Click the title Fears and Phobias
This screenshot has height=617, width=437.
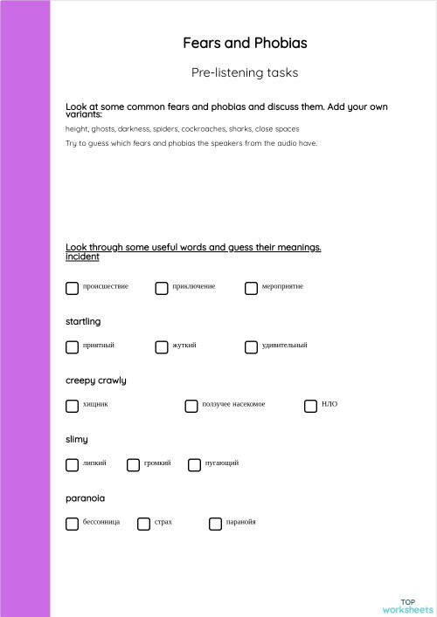click(x=245, y=43)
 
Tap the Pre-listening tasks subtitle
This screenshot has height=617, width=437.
click(x=245, y=72)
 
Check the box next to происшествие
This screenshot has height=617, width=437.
click(x=72, y=288)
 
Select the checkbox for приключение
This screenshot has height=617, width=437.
click(x=162, y=288)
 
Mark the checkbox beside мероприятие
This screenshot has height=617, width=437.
click(x=251, y=288)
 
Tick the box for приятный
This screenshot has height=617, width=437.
click(x=72, y=346)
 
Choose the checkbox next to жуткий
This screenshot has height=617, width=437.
click(x=162, y=346)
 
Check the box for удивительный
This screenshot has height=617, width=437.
click(x=251, y=346)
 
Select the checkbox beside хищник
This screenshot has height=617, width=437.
click(x=72, y=406)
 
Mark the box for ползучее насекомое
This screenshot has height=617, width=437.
click(x=191, y=406)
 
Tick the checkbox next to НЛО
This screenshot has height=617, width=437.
click(x=310, y=406)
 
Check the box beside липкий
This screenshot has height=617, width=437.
click(x=72, y=464)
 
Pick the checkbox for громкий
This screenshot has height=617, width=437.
click(x=134, y=464)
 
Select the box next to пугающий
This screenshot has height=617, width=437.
click(x=194, y=464)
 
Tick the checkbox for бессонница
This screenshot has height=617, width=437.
click(x=72, y=524)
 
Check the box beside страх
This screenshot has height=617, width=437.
click(x=143, y=524)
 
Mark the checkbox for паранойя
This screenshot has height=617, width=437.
click(x=215, y=524)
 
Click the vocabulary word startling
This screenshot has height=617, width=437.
click(x=83, y=322)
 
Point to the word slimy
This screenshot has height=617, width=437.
click(x=77, y=439)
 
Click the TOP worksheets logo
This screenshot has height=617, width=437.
click(x=407, y=606)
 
